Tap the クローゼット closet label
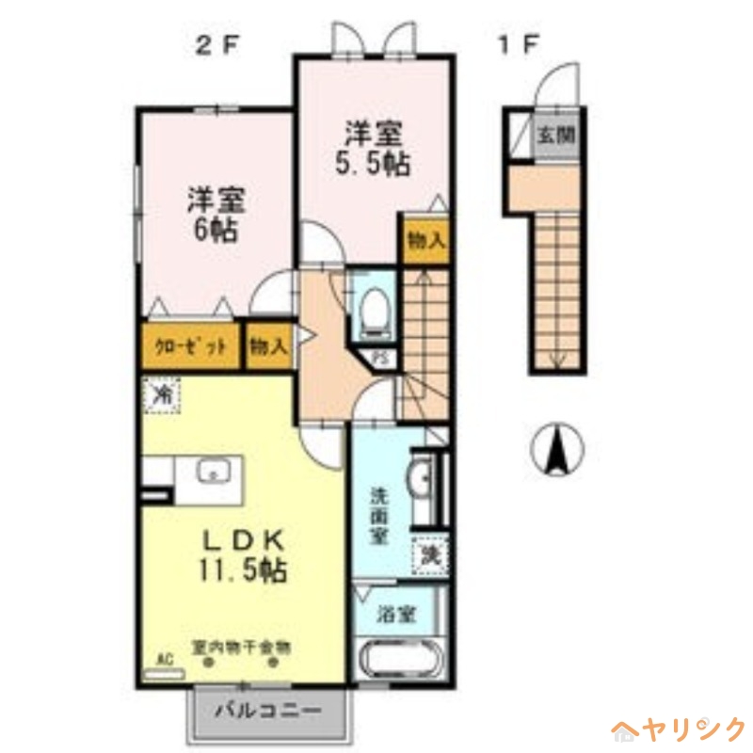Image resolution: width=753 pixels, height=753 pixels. tap(192, 345)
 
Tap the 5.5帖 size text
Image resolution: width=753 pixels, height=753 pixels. tap(373, 164)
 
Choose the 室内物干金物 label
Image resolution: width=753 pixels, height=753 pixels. tap(240, 648)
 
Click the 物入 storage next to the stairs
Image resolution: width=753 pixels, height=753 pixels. tap(425, 240)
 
